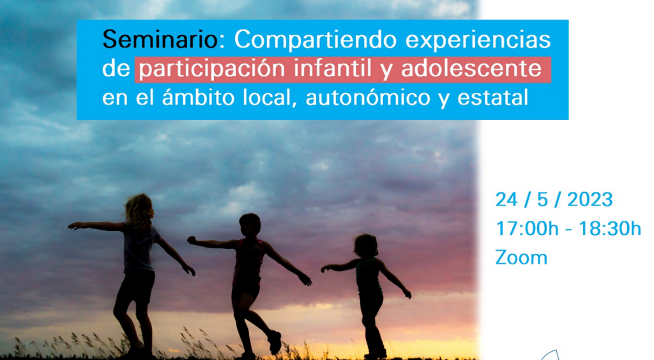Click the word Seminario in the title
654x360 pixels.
pos(160,40)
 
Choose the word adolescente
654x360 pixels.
pos(471,68)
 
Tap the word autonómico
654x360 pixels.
pos(368,98)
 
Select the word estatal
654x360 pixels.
pos(493,98)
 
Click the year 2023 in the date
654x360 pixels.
pos(589,200)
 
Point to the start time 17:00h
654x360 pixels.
pos(527,229)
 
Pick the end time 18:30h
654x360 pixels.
pos(610,229)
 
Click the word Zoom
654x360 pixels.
pos(521,257)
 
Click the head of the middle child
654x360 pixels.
pos(250,225)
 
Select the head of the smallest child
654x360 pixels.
pos(365,245)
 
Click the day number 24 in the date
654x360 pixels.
pos(506,200)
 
